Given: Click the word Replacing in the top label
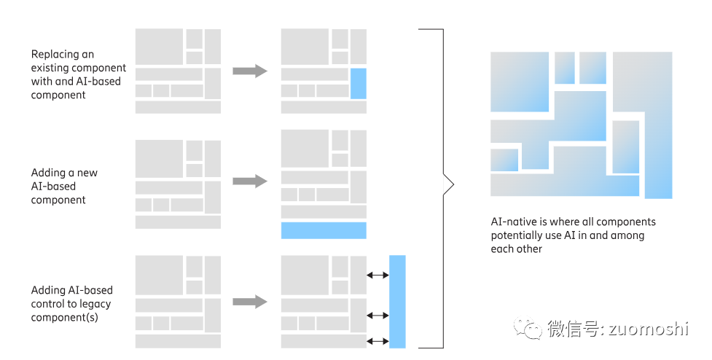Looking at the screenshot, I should click(x=52, y=54).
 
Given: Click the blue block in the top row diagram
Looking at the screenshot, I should click(x=358, y=83).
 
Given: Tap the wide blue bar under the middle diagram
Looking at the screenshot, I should click(x=324, y=230).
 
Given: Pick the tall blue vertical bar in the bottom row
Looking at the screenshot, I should click(x=397, y=301).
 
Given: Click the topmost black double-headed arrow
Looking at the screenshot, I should click(x=377, y=275).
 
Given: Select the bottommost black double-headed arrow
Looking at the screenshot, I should click(x=377, y=340).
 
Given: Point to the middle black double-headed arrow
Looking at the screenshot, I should click(x=377, y=315).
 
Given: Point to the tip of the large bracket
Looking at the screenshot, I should click(x=453, y=186).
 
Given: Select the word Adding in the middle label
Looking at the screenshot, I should click(x=48, y=173).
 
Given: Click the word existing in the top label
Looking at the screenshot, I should click(x=51, y=68).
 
